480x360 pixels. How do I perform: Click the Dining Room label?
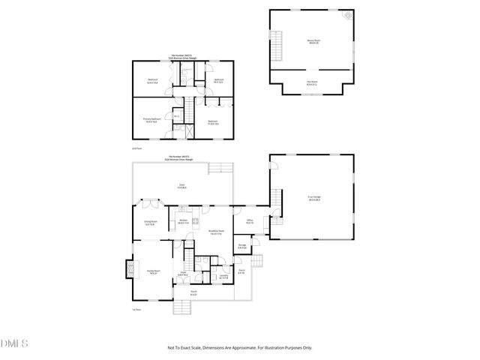[150, 222]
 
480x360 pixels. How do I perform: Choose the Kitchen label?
[182, 221]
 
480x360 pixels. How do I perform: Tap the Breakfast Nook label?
[217, 233]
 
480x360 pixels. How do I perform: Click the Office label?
[249, 221]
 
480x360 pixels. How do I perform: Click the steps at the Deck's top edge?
[219, 168]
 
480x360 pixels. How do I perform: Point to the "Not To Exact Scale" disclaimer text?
[239, 347]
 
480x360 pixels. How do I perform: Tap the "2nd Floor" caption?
[136, 148]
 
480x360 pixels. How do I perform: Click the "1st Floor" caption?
[136, 309]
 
